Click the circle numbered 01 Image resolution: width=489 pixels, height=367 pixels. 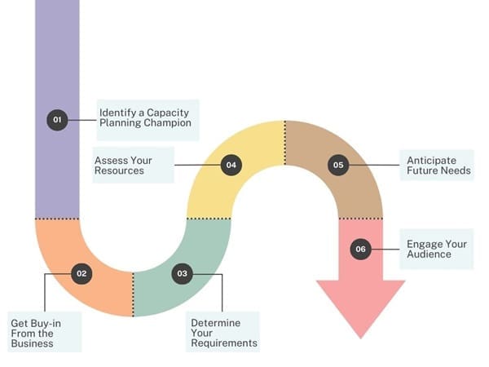(x=57, y=120)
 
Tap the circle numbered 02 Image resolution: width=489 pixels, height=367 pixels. (x=81, y=274)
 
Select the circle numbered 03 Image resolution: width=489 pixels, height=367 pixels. (x=183, y=274)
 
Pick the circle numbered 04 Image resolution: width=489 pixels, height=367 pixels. (x=231, y=165)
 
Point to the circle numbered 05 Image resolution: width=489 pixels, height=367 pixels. (x=338, y=165)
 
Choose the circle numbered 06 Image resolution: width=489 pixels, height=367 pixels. (x=360, y=250)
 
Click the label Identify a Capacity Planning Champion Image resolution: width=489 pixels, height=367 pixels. (x=145, y=118)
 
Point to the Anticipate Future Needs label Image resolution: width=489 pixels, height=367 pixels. (x=437, y=166)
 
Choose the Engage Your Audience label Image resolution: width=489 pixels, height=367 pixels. (x=435, y=249)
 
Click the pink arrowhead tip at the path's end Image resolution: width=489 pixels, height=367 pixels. (x=360, y=336)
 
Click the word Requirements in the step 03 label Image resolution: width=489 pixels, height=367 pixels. (x=224, y=343)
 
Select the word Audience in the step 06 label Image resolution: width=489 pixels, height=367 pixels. (x=429, y=254)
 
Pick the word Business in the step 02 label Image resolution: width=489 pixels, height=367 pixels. (x=32, y=343)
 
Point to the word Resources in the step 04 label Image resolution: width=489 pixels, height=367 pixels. (x=120, y=171)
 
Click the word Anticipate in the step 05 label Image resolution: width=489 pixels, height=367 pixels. (x=431, y=160)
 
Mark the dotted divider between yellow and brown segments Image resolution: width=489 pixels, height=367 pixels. (x=285, y=143)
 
